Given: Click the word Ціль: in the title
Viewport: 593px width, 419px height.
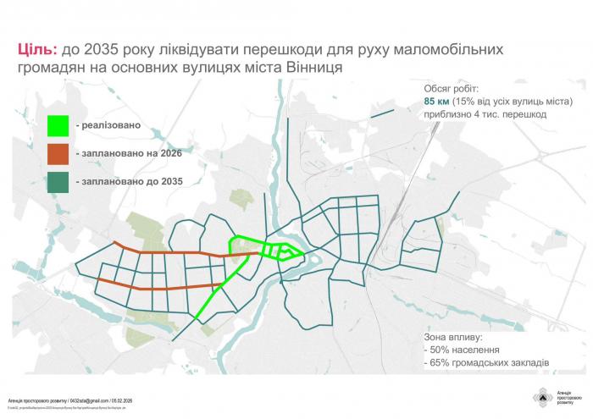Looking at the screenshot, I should coord(36,50).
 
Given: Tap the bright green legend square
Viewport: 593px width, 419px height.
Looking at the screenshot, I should coord(59,126).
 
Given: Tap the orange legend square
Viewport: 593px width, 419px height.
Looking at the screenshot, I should coord(59,154).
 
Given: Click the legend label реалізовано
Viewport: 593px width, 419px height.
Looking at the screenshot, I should coord(110,126).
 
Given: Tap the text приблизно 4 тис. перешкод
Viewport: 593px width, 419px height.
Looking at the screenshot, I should coord(480,113).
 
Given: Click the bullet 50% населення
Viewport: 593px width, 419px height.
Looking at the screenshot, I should coord(461,350).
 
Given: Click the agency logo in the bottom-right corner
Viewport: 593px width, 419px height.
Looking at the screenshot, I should coord(540,397).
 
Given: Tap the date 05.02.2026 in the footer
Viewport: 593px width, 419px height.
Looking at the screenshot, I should coord(120,400).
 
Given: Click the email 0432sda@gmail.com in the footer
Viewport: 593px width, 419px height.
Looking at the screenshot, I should coord(83,400).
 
